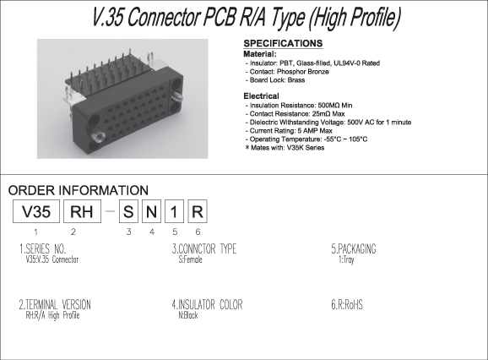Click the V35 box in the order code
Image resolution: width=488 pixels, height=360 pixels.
pos(36,211)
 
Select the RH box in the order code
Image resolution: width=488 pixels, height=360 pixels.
pos(82,211)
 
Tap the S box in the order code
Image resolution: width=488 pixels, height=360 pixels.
pos(128,211)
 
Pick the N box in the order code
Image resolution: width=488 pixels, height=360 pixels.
pos(151,211)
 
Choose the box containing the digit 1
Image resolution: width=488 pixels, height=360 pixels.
pos(174,211)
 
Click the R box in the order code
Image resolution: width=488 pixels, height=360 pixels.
pos(198,211)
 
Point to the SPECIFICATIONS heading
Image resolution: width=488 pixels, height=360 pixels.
pos(283,43)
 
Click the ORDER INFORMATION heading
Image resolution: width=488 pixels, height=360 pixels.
pos(79,190)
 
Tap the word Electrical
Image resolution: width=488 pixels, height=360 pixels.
pos(261,96)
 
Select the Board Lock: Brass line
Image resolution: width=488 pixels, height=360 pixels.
pos(275,80)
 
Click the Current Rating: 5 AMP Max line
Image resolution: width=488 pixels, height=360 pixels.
pos(289,131)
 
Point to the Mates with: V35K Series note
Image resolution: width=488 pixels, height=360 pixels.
pos(285,148)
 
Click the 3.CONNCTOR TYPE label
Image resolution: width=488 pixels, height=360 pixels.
pos(204,248)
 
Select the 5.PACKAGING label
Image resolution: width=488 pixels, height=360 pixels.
pos(354,248)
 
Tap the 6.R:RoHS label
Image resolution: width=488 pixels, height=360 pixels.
pos(347,304)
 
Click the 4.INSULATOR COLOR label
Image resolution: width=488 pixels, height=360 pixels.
pos(208,304)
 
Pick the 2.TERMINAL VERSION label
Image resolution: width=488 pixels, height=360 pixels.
pos(55,304)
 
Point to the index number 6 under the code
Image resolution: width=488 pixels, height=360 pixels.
pos(198,232)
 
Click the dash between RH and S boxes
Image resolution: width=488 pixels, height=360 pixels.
pos(110,211)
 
